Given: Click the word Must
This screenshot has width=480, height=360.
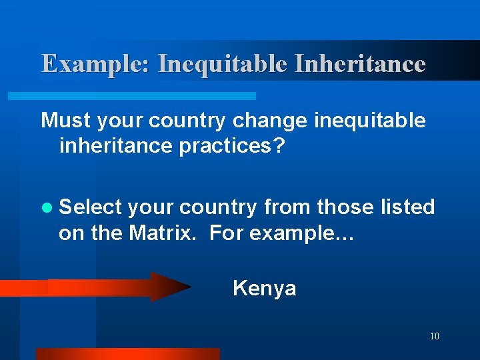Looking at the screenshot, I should pyautogui.click(x=66, y=121).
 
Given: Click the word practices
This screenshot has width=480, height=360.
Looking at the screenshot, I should pyautogui.click(x=229, y=146).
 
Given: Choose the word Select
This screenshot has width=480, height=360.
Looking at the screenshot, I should pyautogui.click(x=90, y=207).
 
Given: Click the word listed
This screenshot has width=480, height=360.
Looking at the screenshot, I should pyautogui.click(x=407, y=207).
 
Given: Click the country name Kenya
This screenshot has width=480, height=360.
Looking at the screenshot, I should pyautogui.click(x=264, y=289).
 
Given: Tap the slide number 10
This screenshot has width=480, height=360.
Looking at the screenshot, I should pyautogui.click(x=435, y=336).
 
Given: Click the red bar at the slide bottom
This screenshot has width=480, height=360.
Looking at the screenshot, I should pyautogui.click(x=127, y=354).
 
